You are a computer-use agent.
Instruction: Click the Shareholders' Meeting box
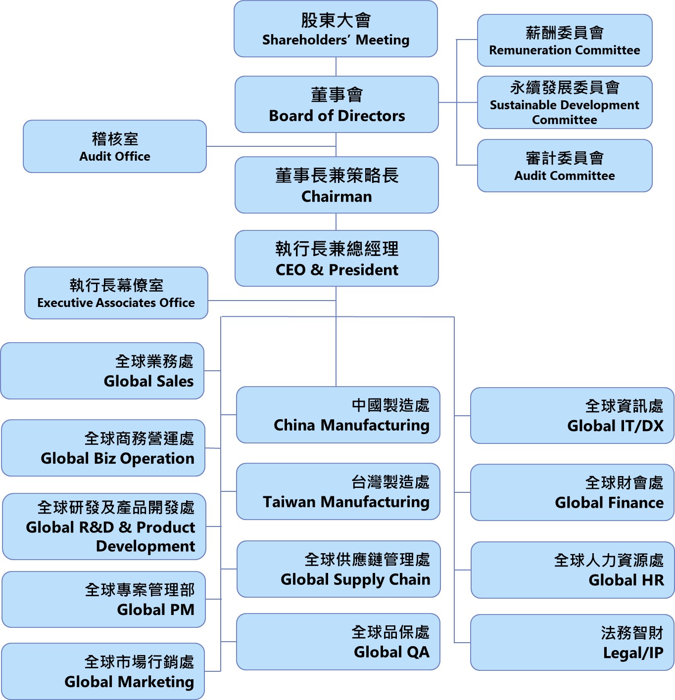pyautogui.click(x=336, y=29)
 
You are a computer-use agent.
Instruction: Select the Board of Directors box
pyautogui.click(x=337, y=104)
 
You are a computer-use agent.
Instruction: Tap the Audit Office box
pyautogui.click(x=115, y=146)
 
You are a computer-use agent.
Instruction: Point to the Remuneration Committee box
pyautogui.click(x=564, y=41)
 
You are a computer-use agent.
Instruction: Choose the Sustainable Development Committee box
pyautogui.click(x=564, y=103)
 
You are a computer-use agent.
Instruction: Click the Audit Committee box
pyautogui.click(x=564, y=166)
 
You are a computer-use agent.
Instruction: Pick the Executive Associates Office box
pyautogui.click(x=116, y=293)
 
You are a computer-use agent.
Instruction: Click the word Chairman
pyautogui.click(x=337, y=197)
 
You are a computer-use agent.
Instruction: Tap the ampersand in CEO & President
pyautogui.click(x=317, y=270)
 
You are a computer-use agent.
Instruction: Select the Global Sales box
pyautogui.click(x=102, y=371)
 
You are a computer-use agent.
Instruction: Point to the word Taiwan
pyautogui.click(x=289, y=502)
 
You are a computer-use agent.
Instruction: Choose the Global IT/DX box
pyautogui.click(x=572, y=416)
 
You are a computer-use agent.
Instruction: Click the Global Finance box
pyautogui.click(x=572, y=492)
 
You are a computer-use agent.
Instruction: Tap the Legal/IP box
pyautogui.click(x=572, y=643)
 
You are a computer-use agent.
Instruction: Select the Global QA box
pyautogui.click(x=338, y=642)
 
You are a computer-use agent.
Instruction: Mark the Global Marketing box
pyautogui.click(x=103, y=671)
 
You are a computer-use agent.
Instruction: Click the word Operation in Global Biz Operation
pyautogui.click(x=157, y=459)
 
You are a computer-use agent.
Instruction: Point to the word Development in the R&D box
pyautogui.click(x=145, y=546)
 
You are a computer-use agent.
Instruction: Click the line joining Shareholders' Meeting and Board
pyautogui.click(x=336, y=67)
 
